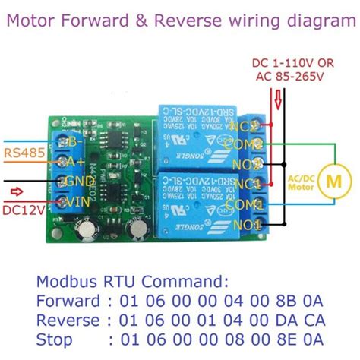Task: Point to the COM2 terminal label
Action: [x=249, y=143]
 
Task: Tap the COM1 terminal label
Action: [x=249, y=204]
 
